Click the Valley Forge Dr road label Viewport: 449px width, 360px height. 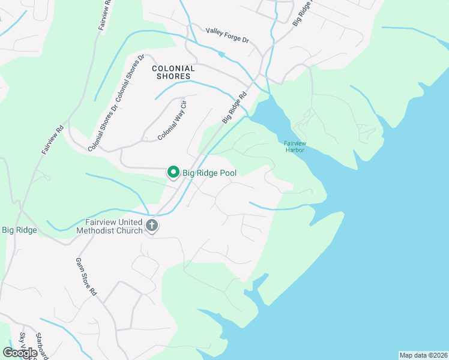tap(227, 35)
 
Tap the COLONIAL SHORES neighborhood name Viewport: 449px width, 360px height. tap(173, 73)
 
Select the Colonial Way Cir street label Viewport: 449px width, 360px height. tap(173, 121)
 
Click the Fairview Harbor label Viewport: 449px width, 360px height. tap(294, 146)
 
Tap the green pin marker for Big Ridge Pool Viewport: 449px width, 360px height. tap(173, 172)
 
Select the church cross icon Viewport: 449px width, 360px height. tap(152, 226)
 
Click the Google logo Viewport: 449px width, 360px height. tap(19, 353)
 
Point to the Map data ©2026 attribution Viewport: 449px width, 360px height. tap(423, 355)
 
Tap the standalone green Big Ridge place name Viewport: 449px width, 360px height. tap(20, 230)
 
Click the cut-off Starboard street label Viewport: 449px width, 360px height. tap(41, 345)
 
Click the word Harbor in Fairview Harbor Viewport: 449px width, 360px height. tap(295, 149)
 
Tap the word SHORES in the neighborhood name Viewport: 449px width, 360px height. tap(173, 76)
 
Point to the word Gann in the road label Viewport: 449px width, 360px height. tap(79, 265)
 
